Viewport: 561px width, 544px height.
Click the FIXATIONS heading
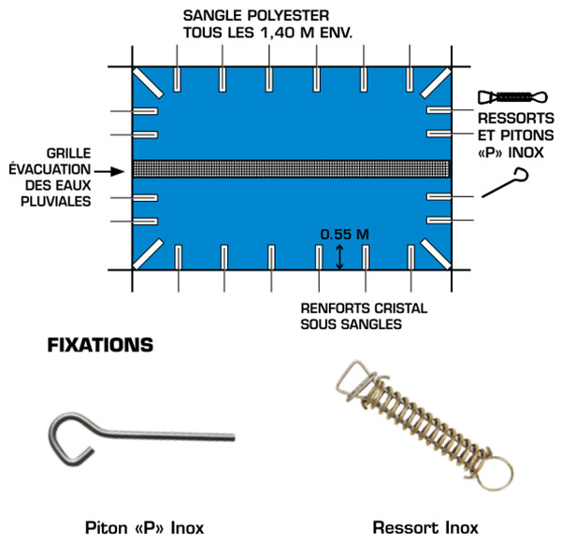(100, 345)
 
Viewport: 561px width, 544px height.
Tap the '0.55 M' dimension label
(344, 235)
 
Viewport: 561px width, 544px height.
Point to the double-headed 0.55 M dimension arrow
(339, 257)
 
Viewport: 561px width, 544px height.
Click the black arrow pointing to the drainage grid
(109, 172)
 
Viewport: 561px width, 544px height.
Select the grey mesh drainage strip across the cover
(291, 169)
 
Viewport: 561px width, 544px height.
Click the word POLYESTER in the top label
(288, 16)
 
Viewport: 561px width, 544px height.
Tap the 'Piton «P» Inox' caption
(145, 528)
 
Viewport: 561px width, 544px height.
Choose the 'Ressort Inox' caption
(425, 528)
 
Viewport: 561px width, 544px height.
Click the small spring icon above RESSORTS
(512, 97)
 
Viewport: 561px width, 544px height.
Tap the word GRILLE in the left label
(68, 153)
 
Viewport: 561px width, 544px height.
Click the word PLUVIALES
(56, 202)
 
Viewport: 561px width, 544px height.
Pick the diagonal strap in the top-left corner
(148, 82)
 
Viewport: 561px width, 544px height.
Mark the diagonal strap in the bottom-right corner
(436, 254)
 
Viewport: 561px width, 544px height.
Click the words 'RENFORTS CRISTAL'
(364, 308)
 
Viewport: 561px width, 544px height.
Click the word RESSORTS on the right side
(516, 119)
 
